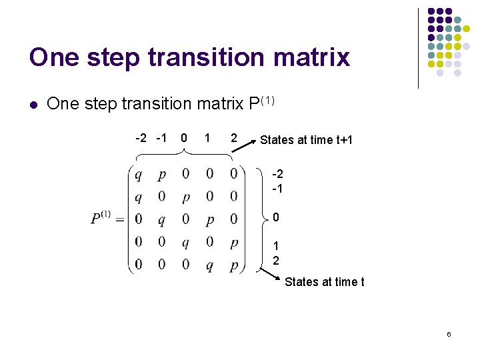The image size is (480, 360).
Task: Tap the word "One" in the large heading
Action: pyautogui.click(x=55, y=57)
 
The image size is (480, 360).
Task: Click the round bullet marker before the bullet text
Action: pyautogui.click(x=33, y=104)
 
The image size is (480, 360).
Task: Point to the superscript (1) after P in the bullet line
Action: pyautogui.click(x=267, y=101)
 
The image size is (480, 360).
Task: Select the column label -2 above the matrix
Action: pyautogui.click(x=141, y=138)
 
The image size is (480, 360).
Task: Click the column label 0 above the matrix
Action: pyautogui.click(x=183, y=138)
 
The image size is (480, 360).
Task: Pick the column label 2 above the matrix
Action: pyautogui.click(x=233, y=138)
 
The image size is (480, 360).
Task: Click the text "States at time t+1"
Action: pyautogui.click(x=306, y=140)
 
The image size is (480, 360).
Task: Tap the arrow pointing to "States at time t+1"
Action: pyautogui.click(x=250, y=142)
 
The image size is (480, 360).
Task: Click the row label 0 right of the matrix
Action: pyautogui.click(x=276, y=218)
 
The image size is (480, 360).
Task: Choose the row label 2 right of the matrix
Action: pyautogui.click(x=276, y=260)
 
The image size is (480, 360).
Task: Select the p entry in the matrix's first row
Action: pyautogui.click(x=162, y=175)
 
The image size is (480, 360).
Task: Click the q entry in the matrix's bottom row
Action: pyautogui.click(x=209, y=265)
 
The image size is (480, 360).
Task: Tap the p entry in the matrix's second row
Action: pyautogui.click(x=186, y=197)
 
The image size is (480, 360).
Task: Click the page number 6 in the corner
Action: pyautogui.click(x=449, y=334)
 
